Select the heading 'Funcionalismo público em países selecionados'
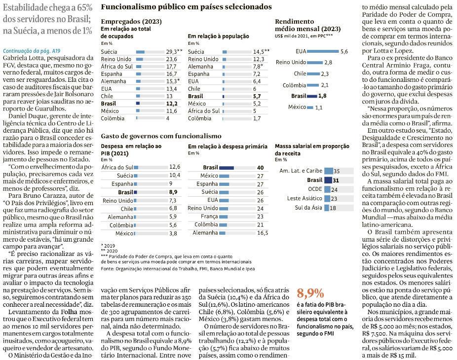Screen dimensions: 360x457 (186, 7)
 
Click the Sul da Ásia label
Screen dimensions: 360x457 (308, 208)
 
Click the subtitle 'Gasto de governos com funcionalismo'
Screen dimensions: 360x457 (161, 136)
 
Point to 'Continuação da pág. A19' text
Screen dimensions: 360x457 (32, 51)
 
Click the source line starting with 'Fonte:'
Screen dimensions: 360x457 (178, 268)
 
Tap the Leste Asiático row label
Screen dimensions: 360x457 (305, 198)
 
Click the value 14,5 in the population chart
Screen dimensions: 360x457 (260, 51)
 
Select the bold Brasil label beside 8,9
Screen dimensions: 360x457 (125, 192)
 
